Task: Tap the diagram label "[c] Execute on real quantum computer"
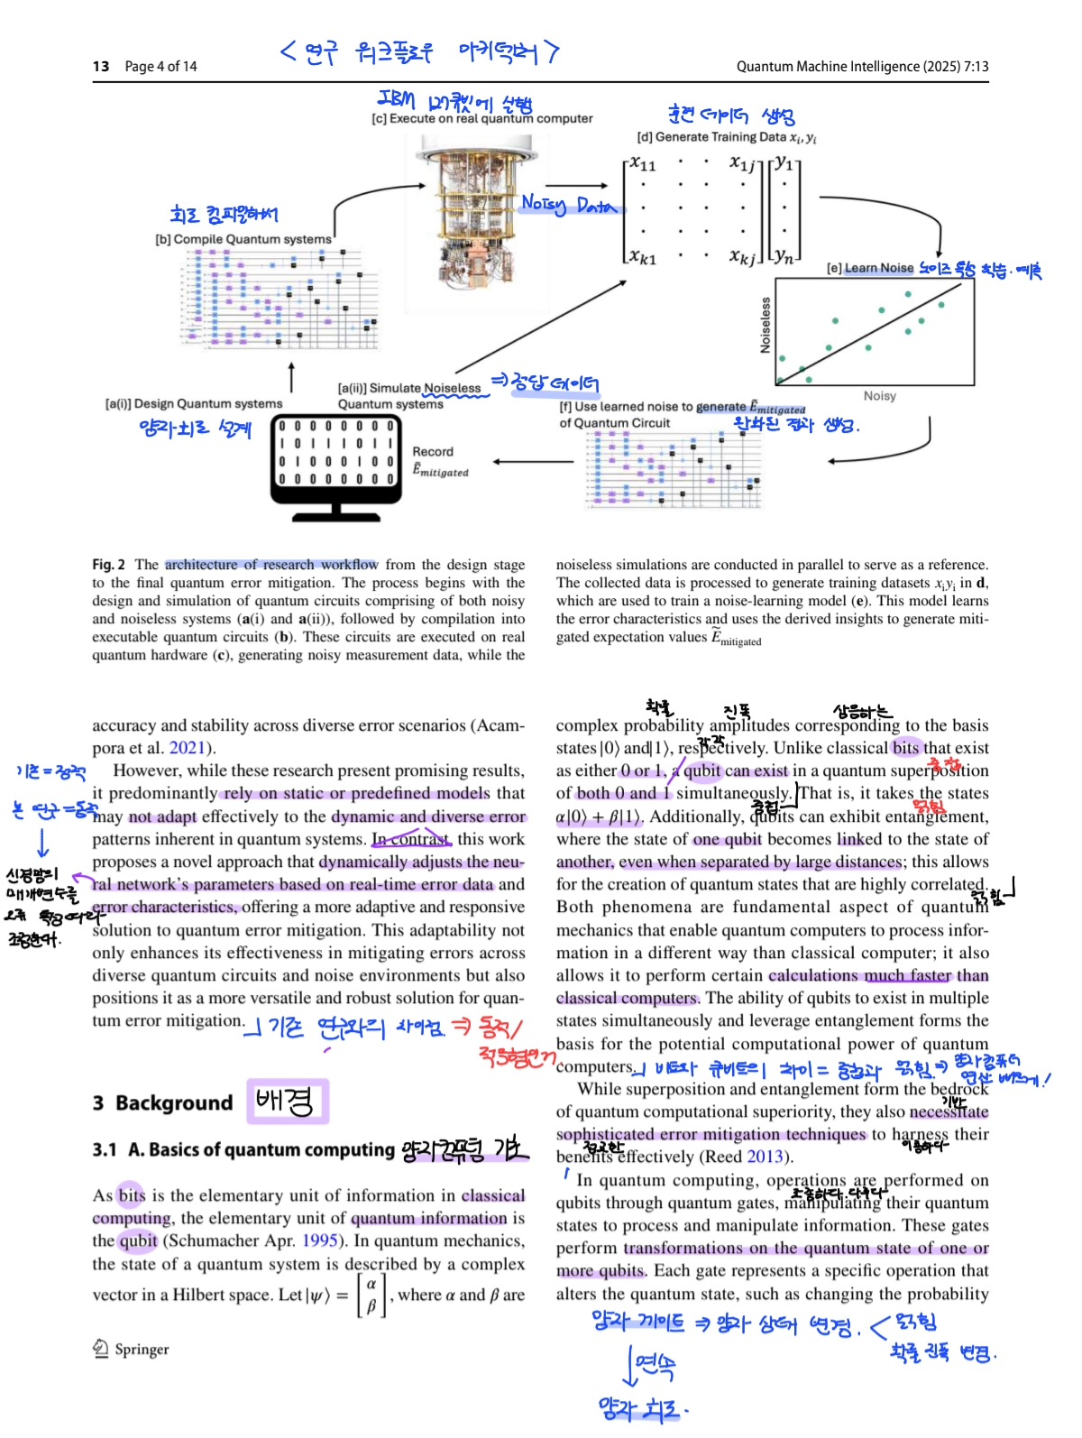pos(481,118)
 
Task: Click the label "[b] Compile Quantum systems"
pos(243,239)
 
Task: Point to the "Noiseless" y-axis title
pos(766,325)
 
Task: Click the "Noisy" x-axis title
pos(879,396)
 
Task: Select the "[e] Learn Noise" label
pos(869,268)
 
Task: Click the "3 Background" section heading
pos(163,1102)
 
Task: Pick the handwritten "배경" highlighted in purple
pos(286,1102)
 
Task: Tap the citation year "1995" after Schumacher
pos(320,1241)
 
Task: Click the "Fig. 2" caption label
pos(108,565)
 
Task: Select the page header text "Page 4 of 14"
pos(160,67)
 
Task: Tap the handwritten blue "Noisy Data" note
pos(568,206)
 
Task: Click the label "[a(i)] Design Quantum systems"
pos(194,404)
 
